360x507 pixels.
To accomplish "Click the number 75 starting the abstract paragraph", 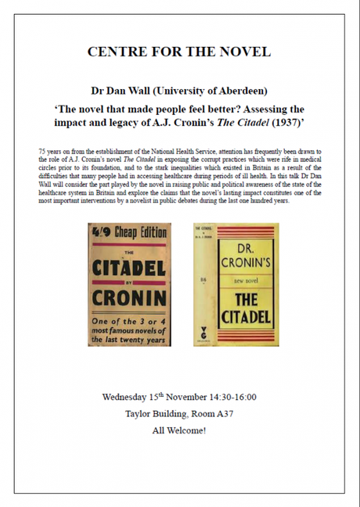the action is point(41,149).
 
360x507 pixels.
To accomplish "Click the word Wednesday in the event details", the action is point(130,397).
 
